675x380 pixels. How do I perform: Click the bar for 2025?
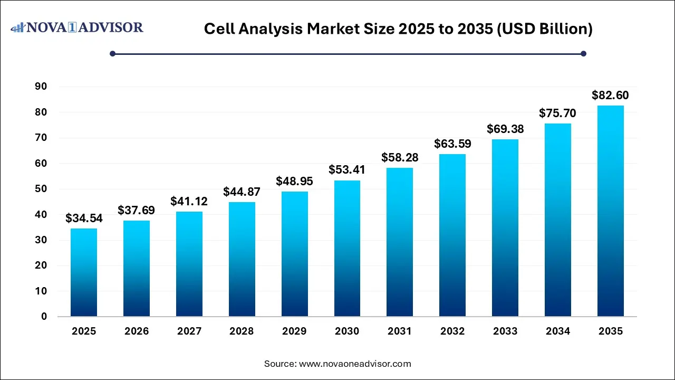pyautogui.click(x=84, y=272)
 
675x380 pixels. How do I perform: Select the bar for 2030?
pyautogui.click(x=347, y=249)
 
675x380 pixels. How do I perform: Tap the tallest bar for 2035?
pyautogui.click(x=611, y=211)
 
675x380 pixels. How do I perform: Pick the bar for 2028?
pyautogui.click(x=242, y=259)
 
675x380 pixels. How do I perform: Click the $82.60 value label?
pyautogui.click(x=610, y=96)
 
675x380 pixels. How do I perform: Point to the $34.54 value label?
pyautogui.click(x=84, y=218)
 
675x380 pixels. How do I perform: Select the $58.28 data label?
pyautogui.click(x=400, y=157)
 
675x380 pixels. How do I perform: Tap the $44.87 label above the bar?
pyautogui.click(x=242, y=192)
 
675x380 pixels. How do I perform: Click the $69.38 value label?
pyautogui.click(x=505, y=129)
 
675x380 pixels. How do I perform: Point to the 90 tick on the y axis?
pyautogui.click(x=41, y=87)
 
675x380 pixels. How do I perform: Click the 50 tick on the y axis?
pyautogui.click(x=41, y=189)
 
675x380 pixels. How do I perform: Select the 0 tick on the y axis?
pyautogui.click(x=44, y=317)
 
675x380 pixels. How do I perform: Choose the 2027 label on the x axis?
pyautogui.click(x=189, y=331)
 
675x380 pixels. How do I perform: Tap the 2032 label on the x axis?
pyautogui.click(x=452, y=331)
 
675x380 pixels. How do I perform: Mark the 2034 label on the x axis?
pyautogui.click(x=558, y=331)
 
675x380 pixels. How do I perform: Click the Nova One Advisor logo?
pyautogui.click(x=78, y=27)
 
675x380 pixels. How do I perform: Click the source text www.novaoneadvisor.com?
pyautogui.click(x=355, y=364)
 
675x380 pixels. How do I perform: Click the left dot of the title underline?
pyautogui.click(x=112, y=53)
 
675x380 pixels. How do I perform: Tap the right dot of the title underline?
pyautogui.click(x=583, y=53)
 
